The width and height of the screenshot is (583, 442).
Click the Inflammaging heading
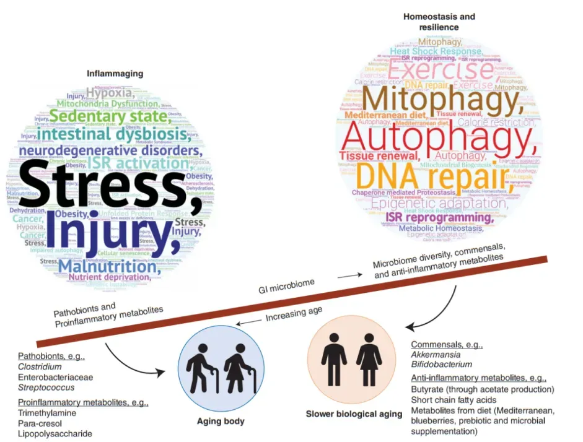tap(115, 74)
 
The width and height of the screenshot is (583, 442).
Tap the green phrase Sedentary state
tap(108, 115)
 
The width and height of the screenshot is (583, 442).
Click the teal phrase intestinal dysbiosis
tap(111, 133)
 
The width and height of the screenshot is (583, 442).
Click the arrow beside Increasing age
tap(250, 322)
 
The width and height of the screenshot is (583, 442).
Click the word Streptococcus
tap(46, 388)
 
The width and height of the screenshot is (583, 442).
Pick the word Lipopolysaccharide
tap(55, 434)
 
